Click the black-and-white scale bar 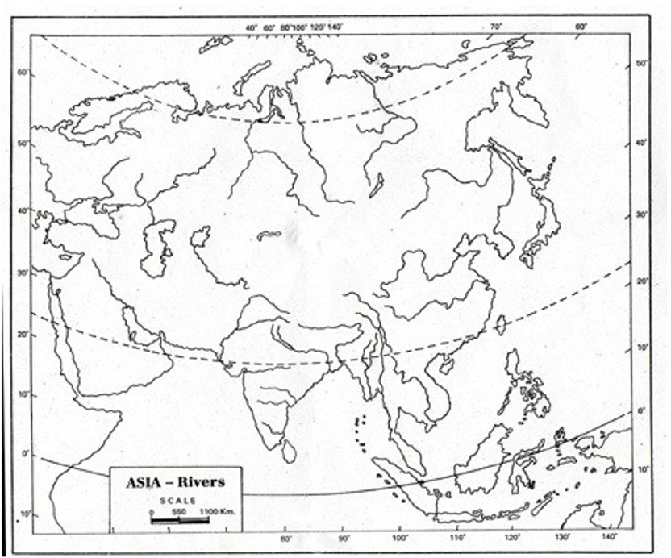[179, 520]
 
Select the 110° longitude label [458, 539]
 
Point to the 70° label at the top [495, 27]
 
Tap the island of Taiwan [499, 325]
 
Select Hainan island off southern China [443, 365]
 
